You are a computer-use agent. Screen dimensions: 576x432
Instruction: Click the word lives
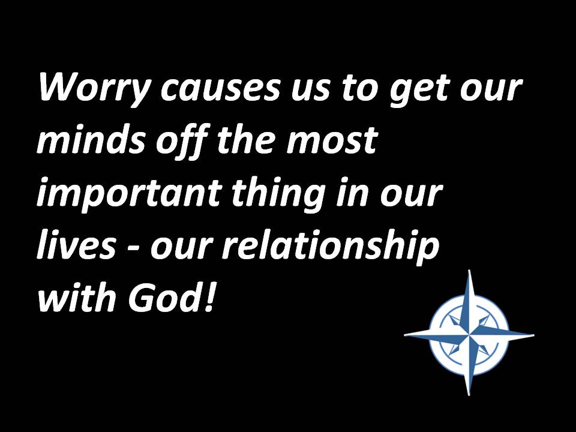tap(76, 244)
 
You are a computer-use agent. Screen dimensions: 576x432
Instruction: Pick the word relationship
tap(330, 246)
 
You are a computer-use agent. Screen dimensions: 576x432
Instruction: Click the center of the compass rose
tap(469, 335)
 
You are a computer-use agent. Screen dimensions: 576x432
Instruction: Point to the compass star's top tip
tap(469, 270)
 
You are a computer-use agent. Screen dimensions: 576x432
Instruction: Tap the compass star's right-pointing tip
tap(534, 335)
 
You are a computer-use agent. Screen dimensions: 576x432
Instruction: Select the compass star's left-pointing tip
tap(404, 335)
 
